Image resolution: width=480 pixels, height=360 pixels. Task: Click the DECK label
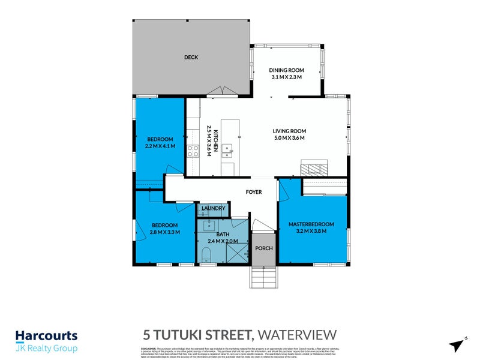[191, 58]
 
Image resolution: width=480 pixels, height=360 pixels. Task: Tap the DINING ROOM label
[286, 70]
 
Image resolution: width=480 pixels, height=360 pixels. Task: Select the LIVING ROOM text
[289, 131]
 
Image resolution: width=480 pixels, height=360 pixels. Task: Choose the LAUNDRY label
[213, 209]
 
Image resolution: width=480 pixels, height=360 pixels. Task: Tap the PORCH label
[263, 248]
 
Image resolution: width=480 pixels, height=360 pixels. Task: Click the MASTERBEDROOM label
[311, 224]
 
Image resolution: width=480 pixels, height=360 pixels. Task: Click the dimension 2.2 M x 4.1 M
[159, 146]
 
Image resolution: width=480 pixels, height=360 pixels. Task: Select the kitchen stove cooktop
[193, 151]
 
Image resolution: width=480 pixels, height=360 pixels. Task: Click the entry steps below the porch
[263, 278]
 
